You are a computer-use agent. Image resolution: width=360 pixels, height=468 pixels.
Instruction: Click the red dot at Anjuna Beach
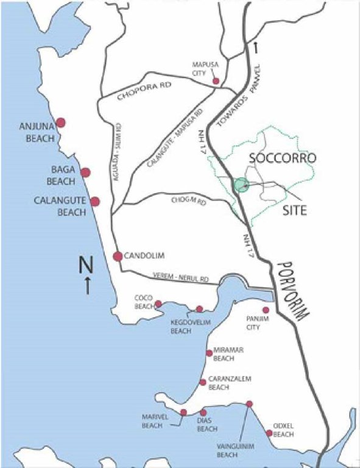coord(60,122)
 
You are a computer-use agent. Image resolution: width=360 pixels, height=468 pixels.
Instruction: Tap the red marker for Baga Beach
coord(85,172)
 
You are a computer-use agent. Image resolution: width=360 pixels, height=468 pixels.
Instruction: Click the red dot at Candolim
coord(118,256)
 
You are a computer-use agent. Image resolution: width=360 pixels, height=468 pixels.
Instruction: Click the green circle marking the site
coord(242,185)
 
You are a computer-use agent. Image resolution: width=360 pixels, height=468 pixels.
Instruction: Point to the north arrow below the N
coord(87,285)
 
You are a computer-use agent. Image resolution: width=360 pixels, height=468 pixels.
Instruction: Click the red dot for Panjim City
coord(266,310)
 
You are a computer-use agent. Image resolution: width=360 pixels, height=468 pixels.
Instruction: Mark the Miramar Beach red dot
coord(209,353)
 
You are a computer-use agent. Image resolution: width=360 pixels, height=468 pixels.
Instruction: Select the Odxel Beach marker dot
coord(269,433)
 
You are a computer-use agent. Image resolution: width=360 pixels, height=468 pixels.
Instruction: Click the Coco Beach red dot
coord(158,303)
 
